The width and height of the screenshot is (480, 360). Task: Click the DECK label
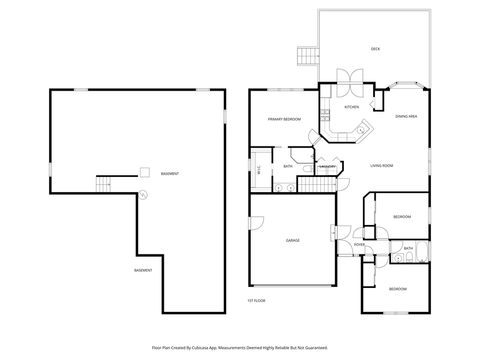coord(376,49)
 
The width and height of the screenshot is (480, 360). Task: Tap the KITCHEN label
coord(352,107)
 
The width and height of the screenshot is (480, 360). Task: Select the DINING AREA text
coord(406,116)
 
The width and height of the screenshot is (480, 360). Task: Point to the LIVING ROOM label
coord(382,166)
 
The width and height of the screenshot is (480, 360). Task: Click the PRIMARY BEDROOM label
coord(284,119)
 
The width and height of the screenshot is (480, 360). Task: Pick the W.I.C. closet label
coord(259,170)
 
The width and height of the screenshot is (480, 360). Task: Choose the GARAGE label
coord(293,241)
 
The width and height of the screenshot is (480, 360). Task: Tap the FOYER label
coord(359,245)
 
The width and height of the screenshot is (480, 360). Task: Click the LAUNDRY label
coord(328,167)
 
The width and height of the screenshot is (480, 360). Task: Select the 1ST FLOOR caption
coord(256,301)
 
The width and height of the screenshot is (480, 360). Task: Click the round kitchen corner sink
coord(361,130)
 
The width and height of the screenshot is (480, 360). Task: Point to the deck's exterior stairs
coord(308,56)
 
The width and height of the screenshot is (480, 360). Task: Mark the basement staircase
coord(103,184)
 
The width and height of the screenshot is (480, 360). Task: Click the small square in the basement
coord(145,172)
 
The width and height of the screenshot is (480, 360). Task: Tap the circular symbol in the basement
coord(143,194)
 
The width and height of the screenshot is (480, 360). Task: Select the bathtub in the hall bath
coord(422,252)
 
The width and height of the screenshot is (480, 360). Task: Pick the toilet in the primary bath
coord(308,169)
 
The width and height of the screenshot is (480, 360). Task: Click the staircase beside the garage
coord(317,185)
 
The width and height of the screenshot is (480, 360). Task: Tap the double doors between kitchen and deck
coord(350,83)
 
